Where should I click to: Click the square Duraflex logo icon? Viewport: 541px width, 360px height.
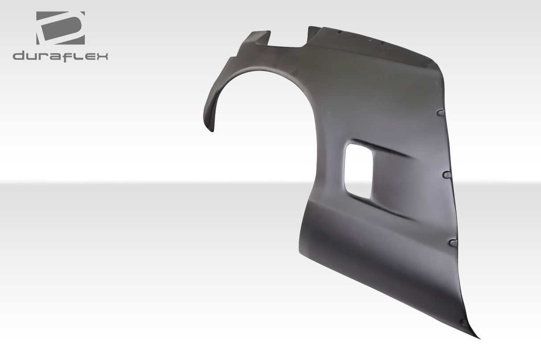(x=60, y=28)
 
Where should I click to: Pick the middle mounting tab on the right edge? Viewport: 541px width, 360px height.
(x=448, y=174)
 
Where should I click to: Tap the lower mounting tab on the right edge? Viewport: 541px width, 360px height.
(x=454, y=243)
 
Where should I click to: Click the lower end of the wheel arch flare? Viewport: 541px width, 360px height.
(x=212, y=127)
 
